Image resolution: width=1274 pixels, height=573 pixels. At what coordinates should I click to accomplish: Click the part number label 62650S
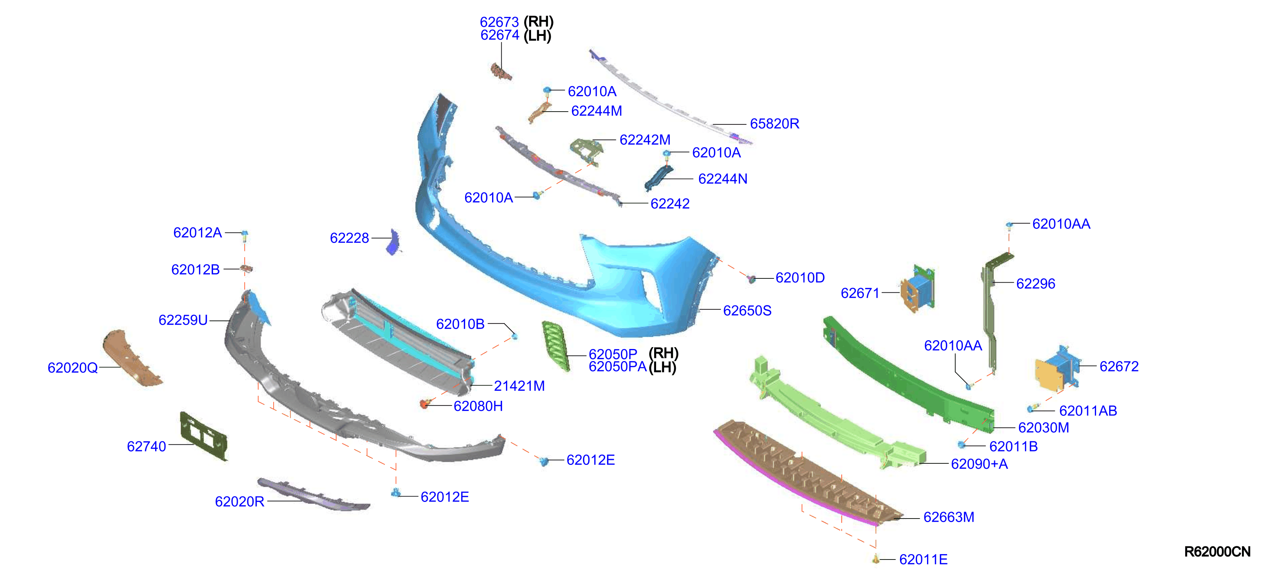tap(747, 310)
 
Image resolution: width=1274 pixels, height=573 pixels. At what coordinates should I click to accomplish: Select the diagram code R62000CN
tap(1217, 552)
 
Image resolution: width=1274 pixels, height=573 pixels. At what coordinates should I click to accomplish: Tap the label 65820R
tap(775, 124)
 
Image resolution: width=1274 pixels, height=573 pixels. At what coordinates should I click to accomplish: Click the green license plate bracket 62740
tap(203, 436)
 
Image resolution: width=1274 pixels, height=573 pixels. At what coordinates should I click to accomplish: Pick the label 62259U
tap(183, 320)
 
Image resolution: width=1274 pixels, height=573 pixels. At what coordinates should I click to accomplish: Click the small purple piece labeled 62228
tap(394, 242)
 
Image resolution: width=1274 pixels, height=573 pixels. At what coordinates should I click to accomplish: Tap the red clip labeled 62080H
tap(424, 404)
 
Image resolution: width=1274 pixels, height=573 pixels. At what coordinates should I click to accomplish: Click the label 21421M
tap(519, 386)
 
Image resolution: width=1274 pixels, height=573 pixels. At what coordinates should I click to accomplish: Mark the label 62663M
tap(949, 517)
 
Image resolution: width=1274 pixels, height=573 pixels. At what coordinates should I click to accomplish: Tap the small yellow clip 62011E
tap(876, 559)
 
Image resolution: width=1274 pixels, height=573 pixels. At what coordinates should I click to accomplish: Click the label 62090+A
tap(979, 464)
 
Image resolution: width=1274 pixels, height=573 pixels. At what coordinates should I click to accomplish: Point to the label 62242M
tap(645, 140)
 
